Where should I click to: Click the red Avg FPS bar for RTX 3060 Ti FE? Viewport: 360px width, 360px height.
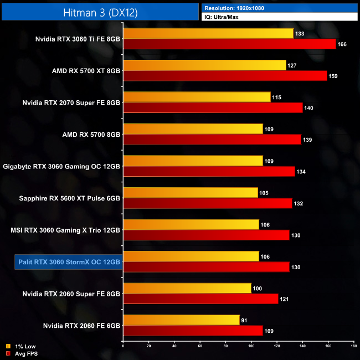pos(229,44)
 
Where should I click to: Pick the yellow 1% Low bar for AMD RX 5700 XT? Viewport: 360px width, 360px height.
pos(204,65)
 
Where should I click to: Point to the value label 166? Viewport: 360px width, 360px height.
pos(342,44)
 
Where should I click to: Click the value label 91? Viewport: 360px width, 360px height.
pos(245,319)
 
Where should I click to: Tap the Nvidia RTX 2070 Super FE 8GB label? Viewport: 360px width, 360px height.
pos(71,102)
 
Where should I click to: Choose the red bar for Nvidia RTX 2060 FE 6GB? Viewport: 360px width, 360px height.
pos(193,330)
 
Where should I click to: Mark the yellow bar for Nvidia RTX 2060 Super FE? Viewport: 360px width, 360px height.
pos(187,288)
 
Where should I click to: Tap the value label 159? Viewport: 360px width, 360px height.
pos(333,76)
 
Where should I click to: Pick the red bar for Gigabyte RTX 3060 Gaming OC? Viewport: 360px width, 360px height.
pos(209,171)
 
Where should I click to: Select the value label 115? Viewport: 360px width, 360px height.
pos(276,97)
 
